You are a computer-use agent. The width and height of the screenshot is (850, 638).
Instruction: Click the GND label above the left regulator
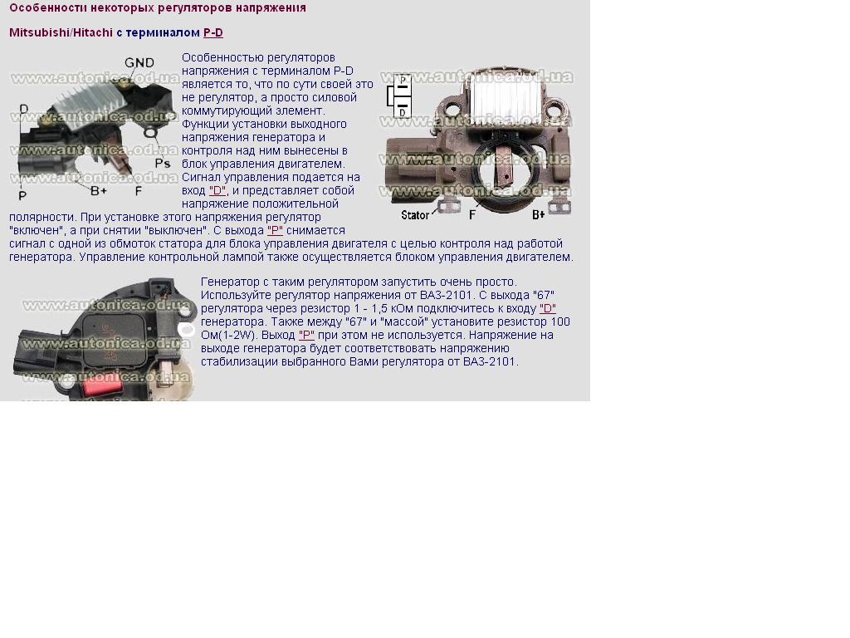(x=139, y=63)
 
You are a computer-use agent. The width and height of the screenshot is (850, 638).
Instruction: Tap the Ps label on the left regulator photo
(x=163, y=164)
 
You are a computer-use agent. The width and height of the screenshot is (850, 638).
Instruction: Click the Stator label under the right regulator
(x=415, y=215)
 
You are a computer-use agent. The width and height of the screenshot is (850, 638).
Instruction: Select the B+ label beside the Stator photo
(x=538, y=215)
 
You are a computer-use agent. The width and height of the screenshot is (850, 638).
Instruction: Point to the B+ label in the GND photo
(x=99, y=191)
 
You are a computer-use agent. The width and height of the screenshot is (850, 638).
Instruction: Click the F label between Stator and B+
(x=472, y=215)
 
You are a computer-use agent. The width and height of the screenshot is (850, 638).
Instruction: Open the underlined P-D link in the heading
(x=213, y=32)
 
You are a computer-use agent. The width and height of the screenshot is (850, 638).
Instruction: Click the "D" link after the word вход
(x=217, y=190)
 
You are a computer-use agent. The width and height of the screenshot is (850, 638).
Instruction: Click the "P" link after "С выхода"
(x=275, y=230)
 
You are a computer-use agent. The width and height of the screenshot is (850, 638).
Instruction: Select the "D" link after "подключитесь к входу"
(x=548, y=309)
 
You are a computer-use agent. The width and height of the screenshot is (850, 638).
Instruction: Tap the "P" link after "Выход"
(x=306, y=336)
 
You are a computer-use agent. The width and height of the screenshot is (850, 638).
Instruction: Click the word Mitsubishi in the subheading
(x=39, y=32)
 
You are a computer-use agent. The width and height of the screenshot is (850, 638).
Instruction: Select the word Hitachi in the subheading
(x=93, y=32)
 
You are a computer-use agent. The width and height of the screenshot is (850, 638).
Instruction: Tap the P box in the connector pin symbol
(x=403, y=82)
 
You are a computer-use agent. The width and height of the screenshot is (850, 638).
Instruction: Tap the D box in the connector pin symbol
(x=403, y=110)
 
